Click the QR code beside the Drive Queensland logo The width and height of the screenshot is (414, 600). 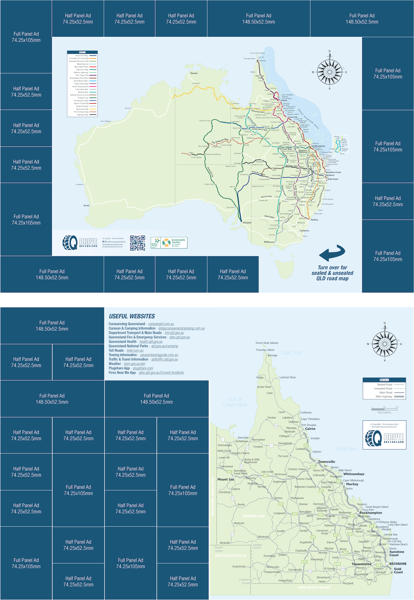coord(138,243)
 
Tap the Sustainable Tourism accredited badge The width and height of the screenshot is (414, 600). coord(169,243)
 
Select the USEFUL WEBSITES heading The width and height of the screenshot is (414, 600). coord(132,316)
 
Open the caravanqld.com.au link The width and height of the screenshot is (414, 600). coord(161,324)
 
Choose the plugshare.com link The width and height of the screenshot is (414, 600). coord(143,368)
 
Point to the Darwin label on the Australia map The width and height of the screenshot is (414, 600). coord(194,73)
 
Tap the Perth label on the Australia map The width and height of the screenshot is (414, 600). coord(86,206)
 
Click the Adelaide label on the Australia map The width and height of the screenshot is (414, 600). coord(247,222)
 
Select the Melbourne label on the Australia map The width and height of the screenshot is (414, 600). coord(269,242)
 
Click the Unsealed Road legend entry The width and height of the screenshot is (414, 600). coord(389,388)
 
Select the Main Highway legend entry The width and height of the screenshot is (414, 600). coord(389,397)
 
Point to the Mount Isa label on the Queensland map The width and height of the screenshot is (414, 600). coord(225,479)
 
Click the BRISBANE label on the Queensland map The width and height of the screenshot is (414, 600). coord(398,564)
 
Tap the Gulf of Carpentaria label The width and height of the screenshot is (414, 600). coord(235,402)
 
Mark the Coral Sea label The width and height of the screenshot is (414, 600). coord(346,449)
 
